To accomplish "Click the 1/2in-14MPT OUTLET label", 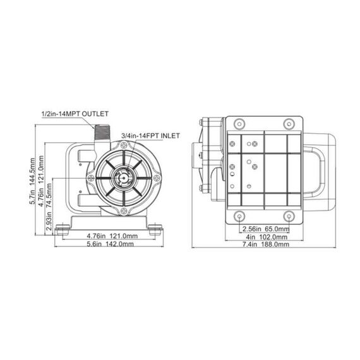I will tap(75, 113).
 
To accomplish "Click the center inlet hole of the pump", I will tap(121, 179).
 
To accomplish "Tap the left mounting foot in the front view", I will tap(63, 228).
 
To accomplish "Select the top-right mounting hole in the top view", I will tap(288, 123).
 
